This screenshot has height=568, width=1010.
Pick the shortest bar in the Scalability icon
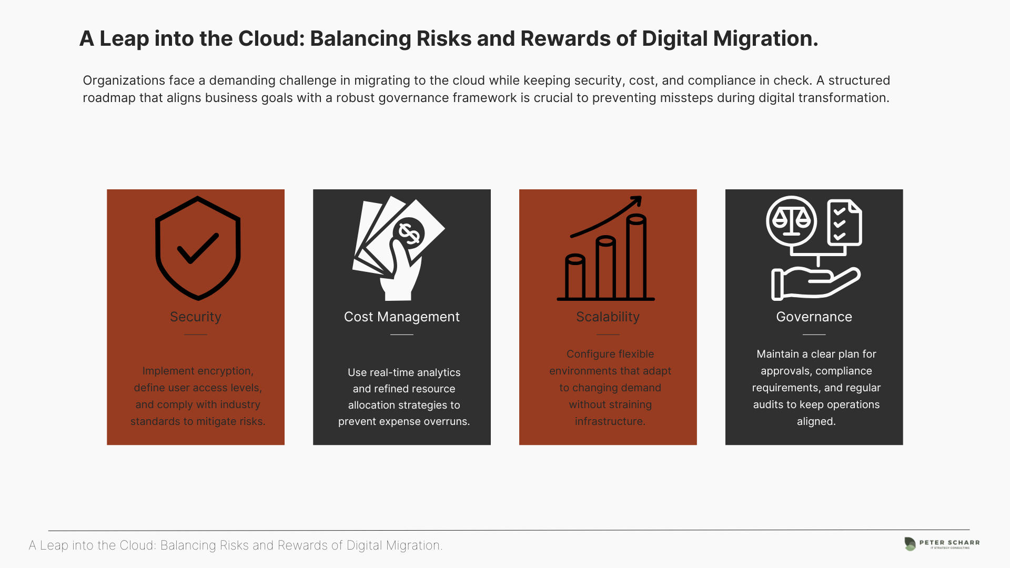point(575,277)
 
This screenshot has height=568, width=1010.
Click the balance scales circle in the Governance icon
point(791,221)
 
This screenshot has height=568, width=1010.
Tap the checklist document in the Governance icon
point(844,222)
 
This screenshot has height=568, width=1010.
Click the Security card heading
point(196,317)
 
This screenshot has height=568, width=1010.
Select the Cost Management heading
point(402,317)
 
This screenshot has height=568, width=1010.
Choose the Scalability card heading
point(608,317)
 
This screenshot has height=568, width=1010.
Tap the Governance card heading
point(814,317)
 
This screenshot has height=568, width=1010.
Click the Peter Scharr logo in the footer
point(942,544)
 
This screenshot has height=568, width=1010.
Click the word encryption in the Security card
point(226,371)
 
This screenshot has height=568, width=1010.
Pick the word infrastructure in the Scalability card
point(610,421)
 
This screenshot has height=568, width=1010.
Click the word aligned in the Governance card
point(816,421)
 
